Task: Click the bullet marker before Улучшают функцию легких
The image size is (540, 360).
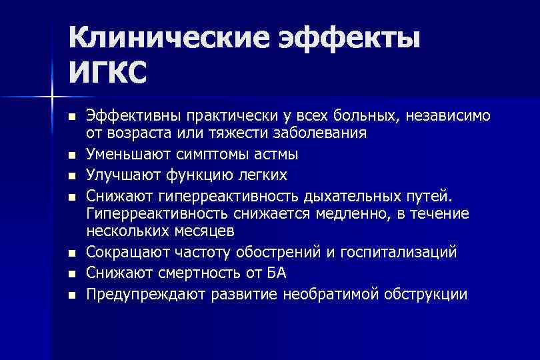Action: (71, 176)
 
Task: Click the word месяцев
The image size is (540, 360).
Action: (203, 231)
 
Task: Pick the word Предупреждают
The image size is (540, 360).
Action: (145, 293)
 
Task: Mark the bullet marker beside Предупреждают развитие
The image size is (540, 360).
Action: (71, 294)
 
